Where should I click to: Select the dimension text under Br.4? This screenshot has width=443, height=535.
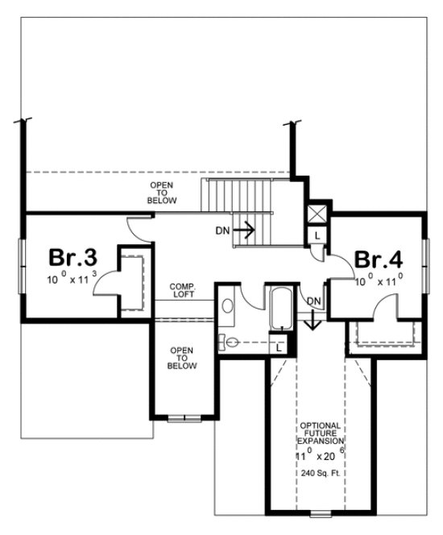pos(380,281)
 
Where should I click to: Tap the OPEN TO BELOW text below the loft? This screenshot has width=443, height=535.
pos(178,358)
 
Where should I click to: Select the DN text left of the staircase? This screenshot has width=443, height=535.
pos(223,230)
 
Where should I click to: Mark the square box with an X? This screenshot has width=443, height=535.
pos(318,214)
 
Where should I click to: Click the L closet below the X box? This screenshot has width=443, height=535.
pos(318,235)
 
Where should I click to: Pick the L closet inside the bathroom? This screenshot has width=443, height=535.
pos(279,348)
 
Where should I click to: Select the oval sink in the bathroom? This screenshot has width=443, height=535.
pos(227,306)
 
